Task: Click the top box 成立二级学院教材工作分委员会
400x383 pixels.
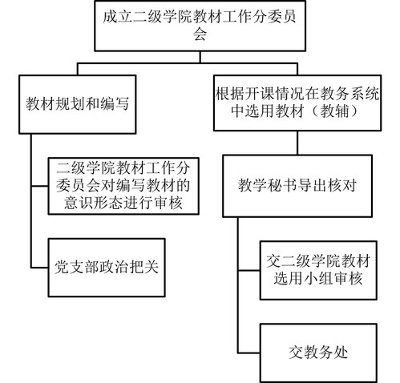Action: (200, 26)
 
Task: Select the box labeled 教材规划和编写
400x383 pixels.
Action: (78, 104)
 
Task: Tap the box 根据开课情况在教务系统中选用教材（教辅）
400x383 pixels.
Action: (297, 103)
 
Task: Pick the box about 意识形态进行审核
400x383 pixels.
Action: (123, 186)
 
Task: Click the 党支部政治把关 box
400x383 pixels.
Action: (107, 268)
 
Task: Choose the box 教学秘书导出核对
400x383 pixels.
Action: (297, 186)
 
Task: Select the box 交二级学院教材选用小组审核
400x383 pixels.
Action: (318, 270)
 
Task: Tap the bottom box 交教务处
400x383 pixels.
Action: (318, 353)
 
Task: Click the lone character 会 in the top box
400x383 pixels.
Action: (200, 34)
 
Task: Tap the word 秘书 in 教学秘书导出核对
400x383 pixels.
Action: (282, 185)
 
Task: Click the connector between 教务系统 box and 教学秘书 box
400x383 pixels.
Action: (297, 143)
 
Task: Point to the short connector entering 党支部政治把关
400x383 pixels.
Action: (40, 268)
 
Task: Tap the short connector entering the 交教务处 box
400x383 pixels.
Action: (249, 353)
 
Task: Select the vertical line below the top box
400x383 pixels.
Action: (200, 57)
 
